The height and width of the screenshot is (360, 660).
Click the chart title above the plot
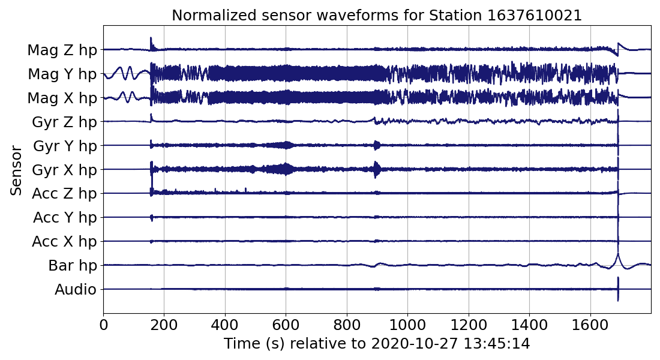(377, 16)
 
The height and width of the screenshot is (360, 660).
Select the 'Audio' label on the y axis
(76, 290)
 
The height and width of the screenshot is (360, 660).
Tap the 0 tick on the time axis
(103, 325)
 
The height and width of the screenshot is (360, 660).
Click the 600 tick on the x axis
(286, 325)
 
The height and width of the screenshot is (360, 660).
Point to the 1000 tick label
(408, 325)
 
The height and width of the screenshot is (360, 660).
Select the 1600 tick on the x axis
(590, 325)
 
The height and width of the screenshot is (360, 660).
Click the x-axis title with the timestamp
(377, 344)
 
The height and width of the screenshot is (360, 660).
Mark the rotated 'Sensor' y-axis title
(17, 169)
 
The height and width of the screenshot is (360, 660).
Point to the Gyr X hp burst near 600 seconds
(286, 169)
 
